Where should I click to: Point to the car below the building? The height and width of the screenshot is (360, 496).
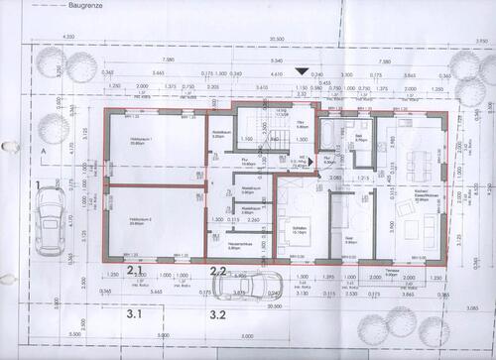coord(248,287)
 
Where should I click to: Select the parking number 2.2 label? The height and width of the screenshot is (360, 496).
coord(218,270)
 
